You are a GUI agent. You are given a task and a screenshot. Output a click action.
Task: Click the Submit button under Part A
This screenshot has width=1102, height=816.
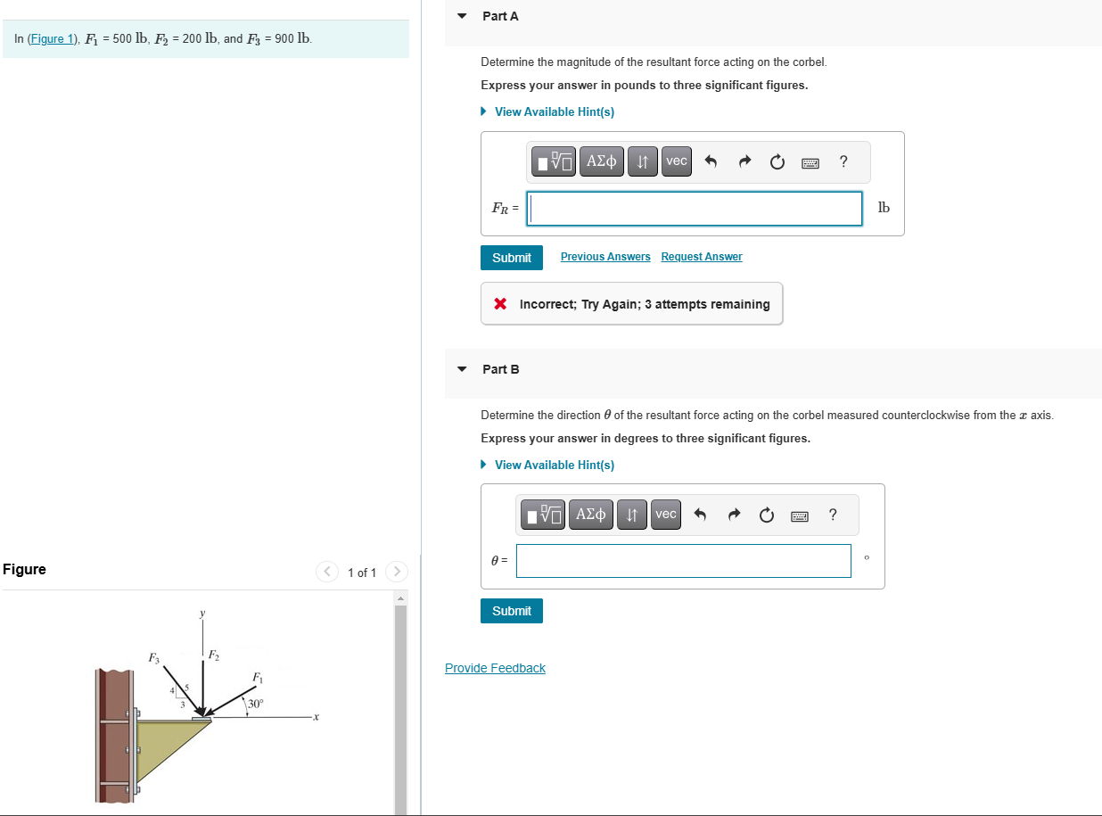[511, 258]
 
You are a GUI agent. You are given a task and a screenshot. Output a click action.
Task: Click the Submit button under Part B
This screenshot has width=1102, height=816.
[511, 611]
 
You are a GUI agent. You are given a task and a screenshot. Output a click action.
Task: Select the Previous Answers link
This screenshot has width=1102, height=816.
[605, 257]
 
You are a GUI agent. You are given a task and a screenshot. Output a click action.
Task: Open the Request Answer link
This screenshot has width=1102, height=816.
[701, 257]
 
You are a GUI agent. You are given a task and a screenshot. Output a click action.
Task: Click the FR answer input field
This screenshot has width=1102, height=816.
[695, 209]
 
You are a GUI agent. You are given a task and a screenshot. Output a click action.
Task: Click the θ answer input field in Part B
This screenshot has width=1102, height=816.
[683, 561]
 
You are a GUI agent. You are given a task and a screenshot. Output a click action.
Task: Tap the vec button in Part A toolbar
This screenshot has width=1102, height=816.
[677, 161]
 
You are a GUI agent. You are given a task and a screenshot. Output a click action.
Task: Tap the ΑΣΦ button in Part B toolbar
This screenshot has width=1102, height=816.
[590, 515]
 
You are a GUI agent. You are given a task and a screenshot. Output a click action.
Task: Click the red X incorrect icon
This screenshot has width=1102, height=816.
[501, 304]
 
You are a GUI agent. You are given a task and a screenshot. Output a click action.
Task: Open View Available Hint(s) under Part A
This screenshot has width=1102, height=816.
[554, 111]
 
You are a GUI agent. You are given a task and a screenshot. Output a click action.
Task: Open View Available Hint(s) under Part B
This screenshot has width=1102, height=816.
[554, 465]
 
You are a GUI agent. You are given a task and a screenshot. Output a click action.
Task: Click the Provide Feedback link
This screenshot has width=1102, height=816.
[495, 668]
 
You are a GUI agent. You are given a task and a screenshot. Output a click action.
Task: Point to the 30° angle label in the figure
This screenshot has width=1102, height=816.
[256, 704]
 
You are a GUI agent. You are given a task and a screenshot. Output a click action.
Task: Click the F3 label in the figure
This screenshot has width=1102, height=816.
[153, 658]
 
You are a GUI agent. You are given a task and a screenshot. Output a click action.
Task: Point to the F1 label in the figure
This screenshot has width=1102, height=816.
[257, 678]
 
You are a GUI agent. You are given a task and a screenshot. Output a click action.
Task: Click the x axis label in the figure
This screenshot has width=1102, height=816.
[316, 717]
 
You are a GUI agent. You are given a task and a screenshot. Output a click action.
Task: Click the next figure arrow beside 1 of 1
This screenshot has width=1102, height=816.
[397, 572]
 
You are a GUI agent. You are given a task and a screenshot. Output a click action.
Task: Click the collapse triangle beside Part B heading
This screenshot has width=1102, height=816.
[462, 369]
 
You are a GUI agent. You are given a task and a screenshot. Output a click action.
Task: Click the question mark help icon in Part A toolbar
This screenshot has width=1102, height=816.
[843, 161]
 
